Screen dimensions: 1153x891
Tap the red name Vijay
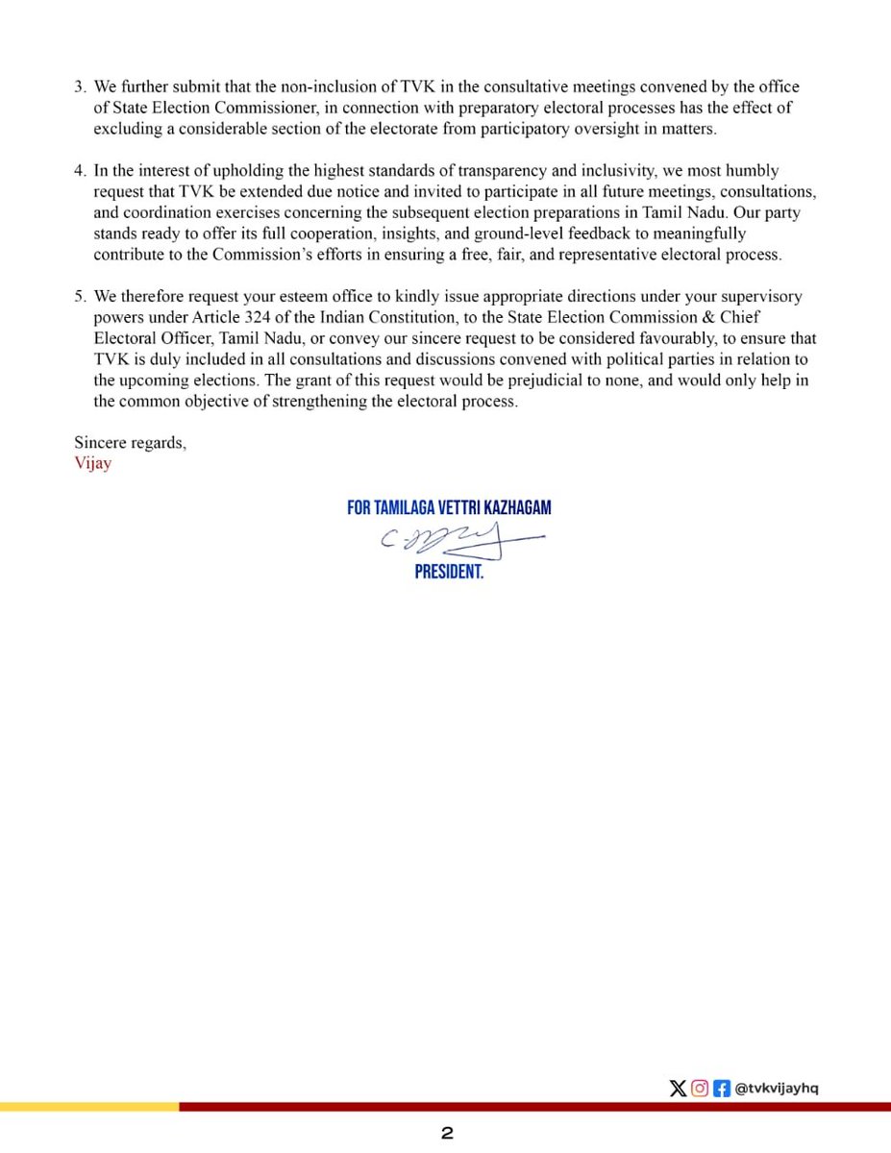(x=92, y=463)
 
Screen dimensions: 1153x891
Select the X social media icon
(x=678, y=1089)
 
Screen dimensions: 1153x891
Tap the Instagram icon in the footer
(x=700, y=1089)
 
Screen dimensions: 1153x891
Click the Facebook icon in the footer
(x=722, y=1089)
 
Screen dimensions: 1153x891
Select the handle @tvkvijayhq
(x=777, y=1089)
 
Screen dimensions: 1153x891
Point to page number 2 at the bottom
(x=447, y=1134)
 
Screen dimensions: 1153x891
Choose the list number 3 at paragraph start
(x=80, y=87)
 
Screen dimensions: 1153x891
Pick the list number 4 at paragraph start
(x=80, y=171)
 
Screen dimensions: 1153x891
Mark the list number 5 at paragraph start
(x=80, y=297)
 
